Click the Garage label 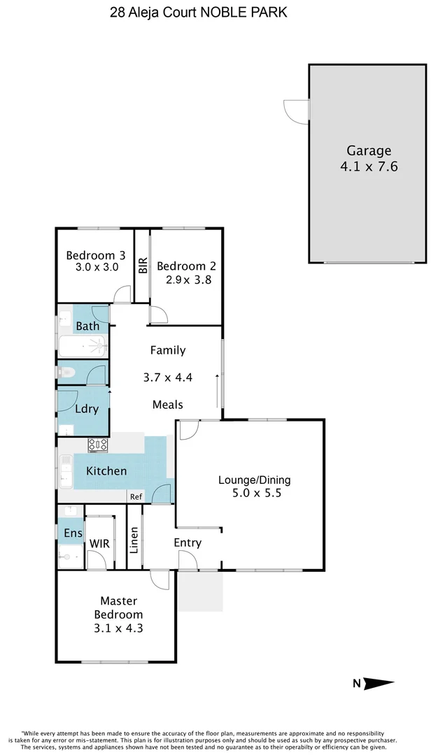pos(369,150)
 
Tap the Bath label pos(87,326)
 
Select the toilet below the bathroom pos(67,373)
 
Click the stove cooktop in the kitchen pos(98,444)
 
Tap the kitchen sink pos(66,471)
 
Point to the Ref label pos(136,496)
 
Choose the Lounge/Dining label pos(254,480)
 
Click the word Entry pos(188,542)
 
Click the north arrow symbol pos(379,684)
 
